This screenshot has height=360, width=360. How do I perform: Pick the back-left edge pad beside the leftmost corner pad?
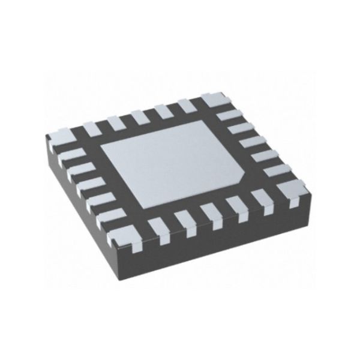[x=91, y=128]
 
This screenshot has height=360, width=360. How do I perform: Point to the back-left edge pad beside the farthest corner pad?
[x=185, y=106]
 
